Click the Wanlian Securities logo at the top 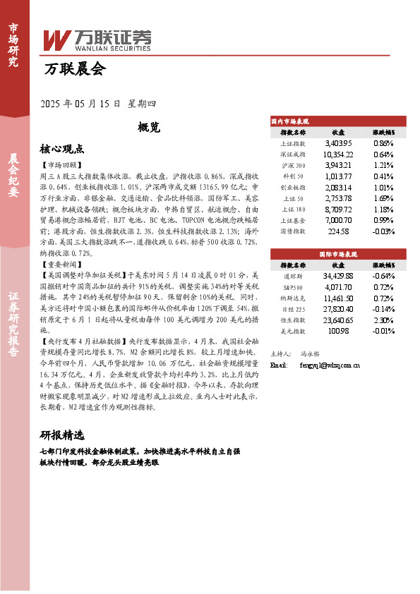tap(97, 41)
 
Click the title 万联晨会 tap(73, 69)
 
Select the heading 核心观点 tap(62, 150)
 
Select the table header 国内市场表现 tap(290, 122)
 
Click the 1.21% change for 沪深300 tap(383, 165)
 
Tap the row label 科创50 tap(293, 176)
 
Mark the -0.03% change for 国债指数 tap(383, 231)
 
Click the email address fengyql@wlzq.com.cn tap(330, 365)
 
